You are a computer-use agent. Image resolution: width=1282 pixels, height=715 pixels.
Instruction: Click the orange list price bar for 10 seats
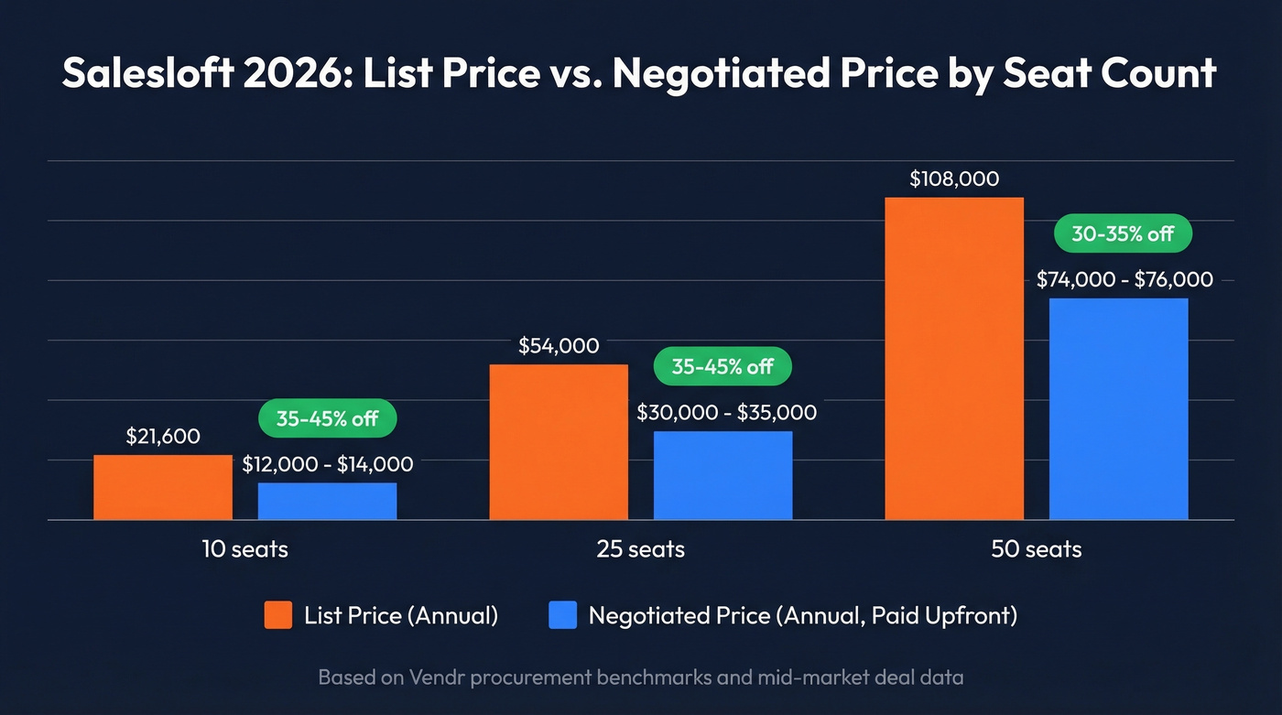tap(163, 487)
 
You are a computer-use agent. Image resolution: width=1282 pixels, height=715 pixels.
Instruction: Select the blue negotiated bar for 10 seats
tap(327, 501)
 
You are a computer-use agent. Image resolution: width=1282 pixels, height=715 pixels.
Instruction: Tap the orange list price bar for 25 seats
tap(559, 442)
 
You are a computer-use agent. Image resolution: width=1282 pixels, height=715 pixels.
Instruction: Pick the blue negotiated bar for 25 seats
tap(722, 475)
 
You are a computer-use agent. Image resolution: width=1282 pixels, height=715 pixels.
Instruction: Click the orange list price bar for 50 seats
tap(954, 358)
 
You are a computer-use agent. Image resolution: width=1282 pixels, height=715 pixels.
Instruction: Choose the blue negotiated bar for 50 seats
tap(1118, 408)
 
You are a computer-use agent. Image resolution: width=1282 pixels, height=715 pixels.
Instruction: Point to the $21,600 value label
tap(163, 437)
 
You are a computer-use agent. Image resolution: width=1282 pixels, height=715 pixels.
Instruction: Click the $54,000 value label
tap(559, 346)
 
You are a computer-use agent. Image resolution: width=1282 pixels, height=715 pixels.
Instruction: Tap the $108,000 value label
tap(954, 179)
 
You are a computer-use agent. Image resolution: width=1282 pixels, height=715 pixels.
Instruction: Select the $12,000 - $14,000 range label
tap(327, 465)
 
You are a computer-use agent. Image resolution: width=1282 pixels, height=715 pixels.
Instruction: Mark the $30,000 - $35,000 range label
tap(726, 413)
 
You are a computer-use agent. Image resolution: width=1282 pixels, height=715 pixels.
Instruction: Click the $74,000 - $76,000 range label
tap(1124, 280)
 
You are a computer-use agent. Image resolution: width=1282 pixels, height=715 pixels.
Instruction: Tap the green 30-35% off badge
tap(1123, 234)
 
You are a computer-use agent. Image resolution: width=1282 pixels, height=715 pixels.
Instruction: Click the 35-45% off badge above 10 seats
tap(327, 418)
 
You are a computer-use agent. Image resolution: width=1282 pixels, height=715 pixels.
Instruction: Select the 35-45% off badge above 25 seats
tap(722, 367)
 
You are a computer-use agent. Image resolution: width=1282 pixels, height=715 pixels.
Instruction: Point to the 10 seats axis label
tap(244, 549)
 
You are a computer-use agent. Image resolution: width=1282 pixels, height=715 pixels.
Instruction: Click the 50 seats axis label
tap(1036, 549)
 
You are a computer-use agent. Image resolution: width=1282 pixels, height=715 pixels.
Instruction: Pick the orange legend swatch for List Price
tap(278, 615)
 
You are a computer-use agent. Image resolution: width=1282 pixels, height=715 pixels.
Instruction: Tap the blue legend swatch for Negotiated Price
tap(563, 615)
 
